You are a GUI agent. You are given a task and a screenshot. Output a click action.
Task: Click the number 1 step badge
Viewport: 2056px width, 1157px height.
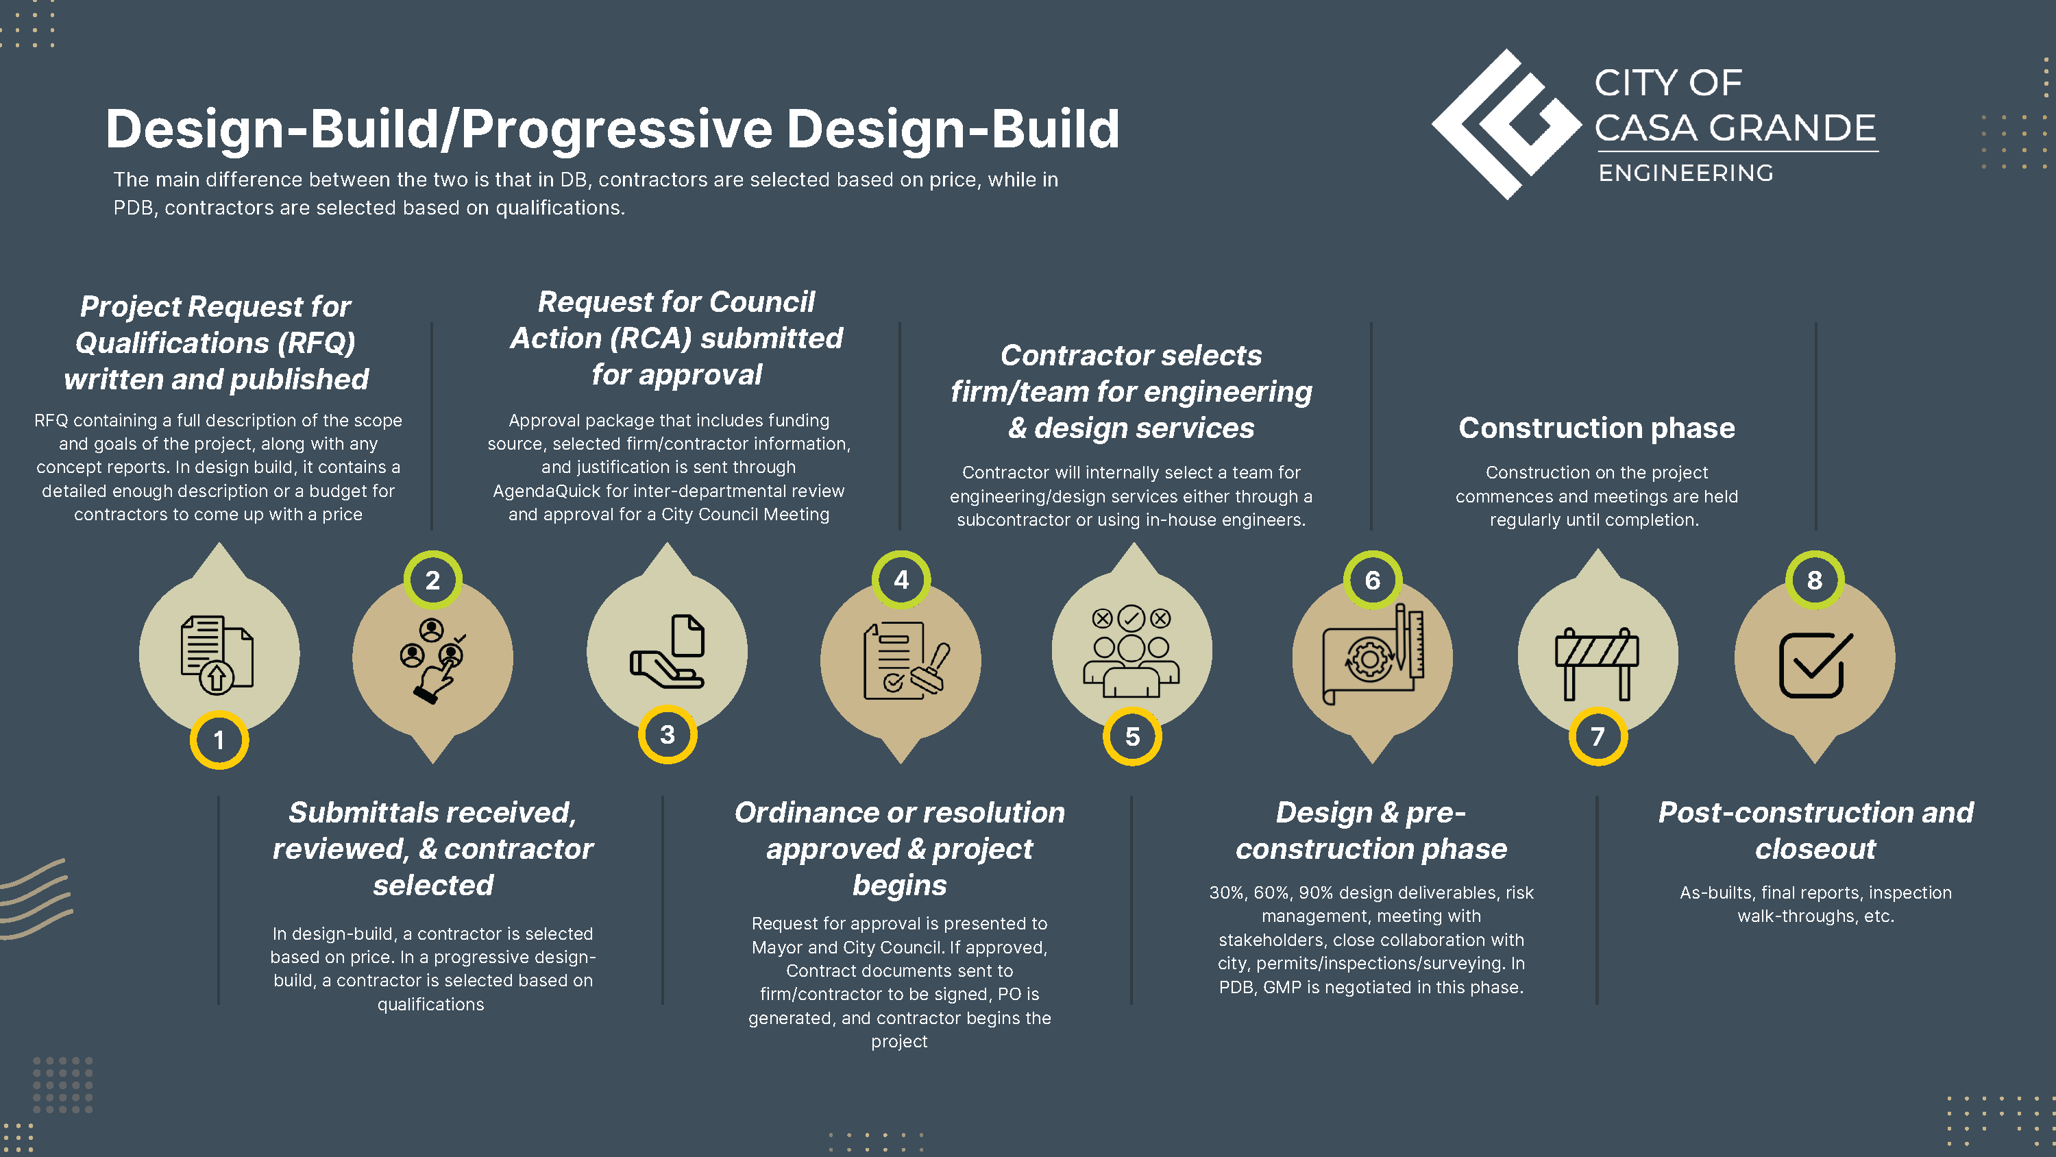pos(219,740)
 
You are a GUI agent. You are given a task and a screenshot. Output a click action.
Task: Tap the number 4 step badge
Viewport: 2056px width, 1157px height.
pos(901,580)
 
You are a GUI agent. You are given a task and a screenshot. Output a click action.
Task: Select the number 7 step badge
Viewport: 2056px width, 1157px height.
pos(1597,736)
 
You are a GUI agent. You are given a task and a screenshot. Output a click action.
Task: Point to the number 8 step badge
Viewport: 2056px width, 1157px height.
pos(1815,580)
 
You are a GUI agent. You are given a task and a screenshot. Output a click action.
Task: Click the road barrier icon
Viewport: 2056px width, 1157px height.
pos(1597,663)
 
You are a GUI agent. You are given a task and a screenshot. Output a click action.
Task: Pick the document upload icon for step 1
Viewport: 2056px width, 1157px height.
pos(217,654)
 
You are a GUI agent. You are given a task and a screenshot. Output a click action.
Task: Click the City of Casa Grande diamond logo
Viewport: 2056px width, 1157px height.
pos(1506,124)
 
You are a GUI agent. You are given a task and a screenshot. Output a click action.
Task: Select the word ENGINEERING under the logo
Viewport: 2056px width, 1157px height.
pos(1686,173)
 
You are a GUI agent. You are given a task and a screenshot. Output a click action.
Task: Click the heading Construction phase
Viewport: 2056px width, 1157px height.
pos(1596,428)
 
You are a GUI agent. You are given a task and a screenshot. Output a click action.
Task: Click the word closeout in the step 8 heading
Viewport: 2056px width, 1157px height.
pos(1815,849)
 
